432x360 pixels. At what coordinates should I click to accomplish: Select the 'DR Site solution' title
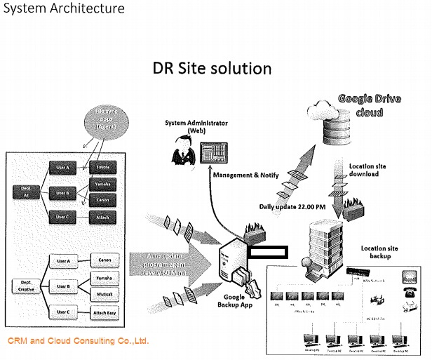pos(212,68)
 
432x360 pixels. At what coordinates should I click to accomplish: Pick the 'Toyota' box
pos(102,168)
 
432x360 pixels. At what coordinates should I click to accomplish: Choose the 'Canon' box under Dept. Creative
pos(104,259)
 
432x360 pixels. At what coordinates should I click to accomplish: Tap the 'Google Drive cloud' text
pos(370,105)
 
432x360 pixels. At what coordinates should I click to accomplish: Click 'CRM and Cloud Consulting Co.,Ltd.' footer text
pos(78,342)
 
